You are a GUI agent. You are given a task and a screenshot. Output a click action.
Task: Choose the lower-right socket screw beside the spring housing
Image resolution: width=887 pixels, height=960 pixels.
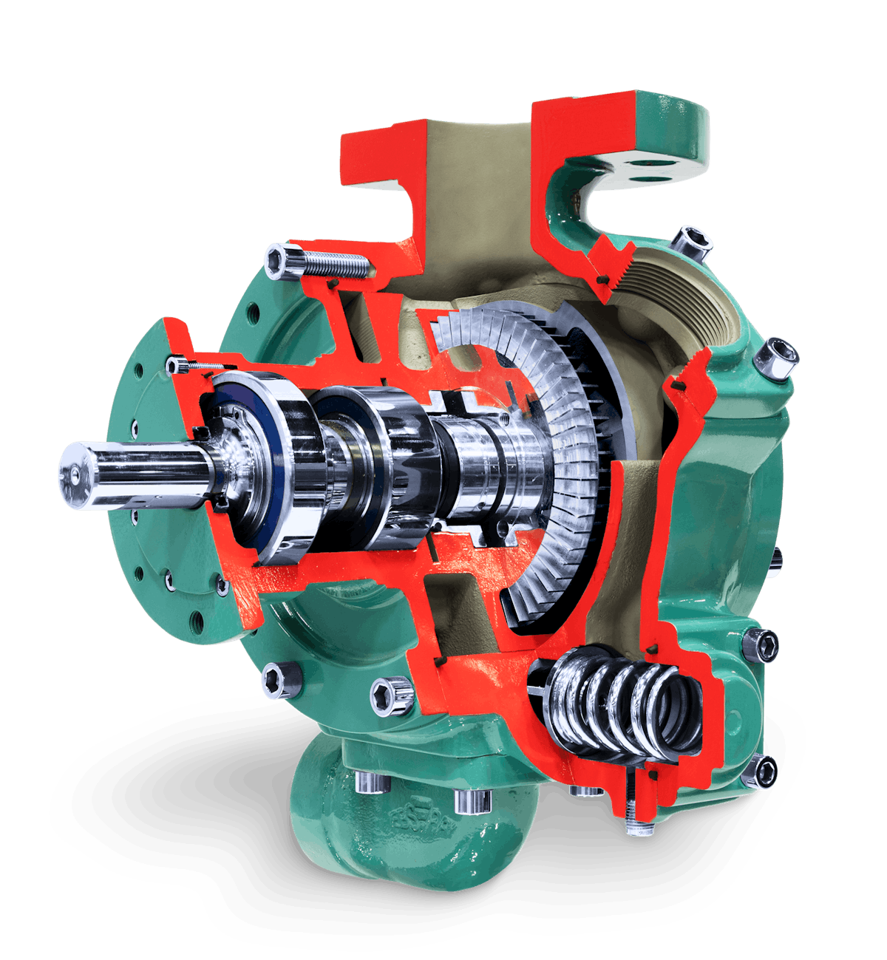coord(767,772)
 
